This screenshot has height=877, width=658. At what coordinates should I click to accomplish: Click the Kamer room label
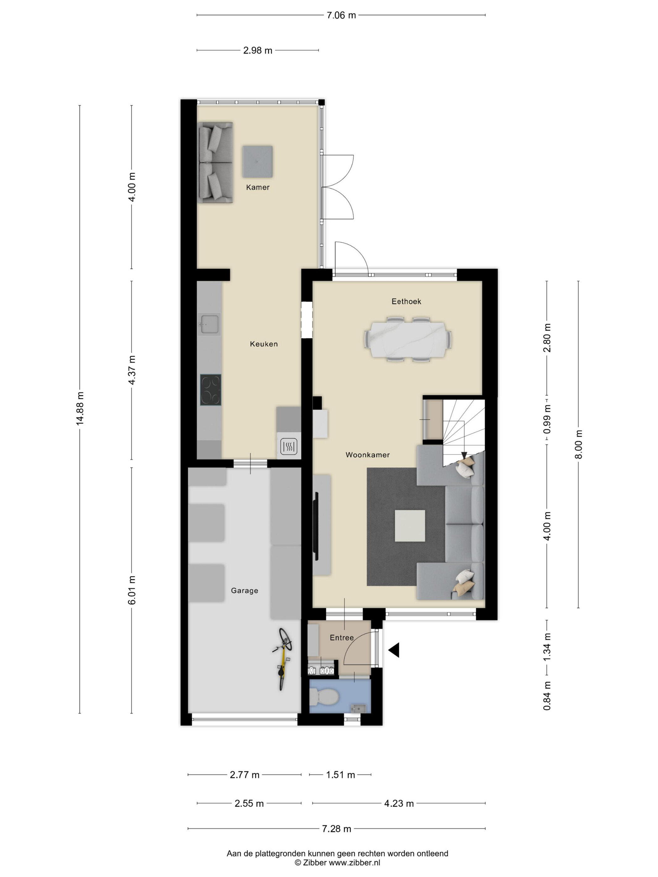[x=258, y=187]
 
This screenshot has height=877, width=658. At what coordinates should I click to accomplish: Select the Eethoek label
[x=406, y=301]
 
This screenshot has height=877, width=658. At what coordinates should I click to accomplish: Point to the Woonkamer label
[x=367, y=455]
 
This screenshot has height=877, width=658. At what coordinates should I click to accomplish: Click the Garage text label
[x=244, y=590]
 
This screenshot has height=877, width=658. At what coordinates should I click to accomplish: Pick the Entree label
[x=342, y=637]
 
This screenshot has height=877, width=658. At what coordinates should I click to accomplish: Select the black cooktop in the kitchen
[x=211, y=390]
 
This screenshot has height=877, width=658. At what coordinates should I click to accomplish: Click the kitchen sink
[x=209, y=324]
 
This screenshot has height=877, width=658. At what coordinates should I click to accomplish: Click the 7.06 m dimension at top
[x=341, y=15]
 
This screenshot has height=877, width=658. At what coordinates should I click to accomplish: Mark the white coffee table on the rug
[x=410, y=526]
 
